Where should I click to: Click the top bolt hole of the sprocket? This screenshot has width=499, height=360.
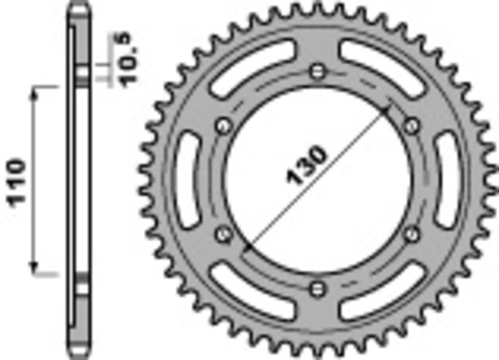(316, 70)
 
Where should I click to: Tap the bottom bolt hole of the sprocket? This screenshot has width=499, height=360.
(316, 288)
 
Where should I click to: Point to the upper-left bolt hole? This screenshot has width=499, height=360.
(222, 125)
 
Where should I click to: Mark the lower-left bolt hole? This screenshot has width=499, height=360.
(222, 234)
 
